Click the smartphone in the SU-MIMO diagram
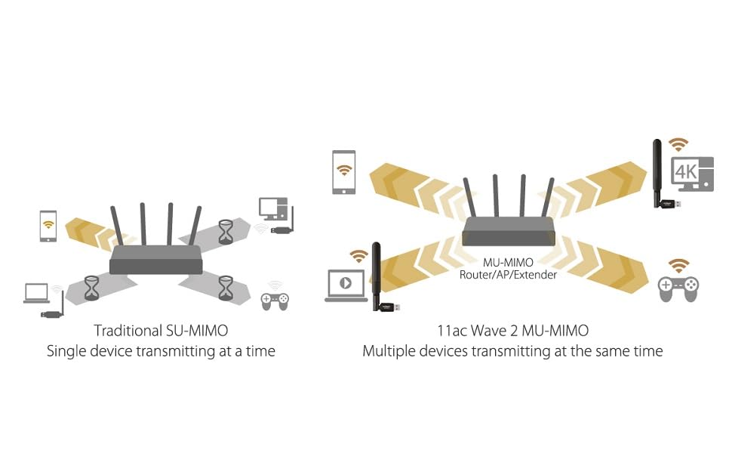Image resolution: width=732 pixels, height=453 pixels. coord(48,226)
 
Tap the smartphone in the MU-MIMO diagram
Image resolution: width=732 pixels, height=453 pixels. coord(343,172)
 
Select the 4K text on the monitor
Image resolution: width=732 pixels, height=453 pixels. coord(686,172)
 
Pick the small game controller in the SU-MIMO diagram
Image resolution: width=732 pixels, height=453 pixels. coord(275,300)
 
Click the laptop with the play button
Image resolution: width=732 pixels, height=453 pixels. coord(346,285)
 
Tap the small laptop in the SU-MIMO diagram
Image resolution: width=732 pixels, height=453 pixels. coord(36,293)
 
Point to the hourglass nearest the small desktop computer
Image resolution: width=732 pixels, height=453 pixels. coord(226,232)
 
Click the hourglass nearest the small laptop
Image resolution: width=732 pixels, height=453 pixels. coord(91,288)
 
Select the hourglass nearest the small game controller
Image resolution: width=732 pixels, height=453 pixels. coord(226,288)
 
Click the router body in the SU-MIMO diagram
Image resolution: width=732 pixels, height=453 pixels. coord(156,260)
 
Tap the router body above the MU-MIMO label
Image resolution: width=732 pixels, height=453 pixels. coord(509,232)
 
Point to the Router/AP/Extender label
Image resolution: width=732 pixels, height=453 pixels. coord(508,275)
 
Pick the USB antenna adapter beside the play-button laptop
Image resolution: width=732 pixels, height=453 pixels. coord(383,277)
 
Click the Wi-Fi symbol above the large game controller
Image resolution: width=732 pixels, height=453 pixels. coord(678,265)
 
